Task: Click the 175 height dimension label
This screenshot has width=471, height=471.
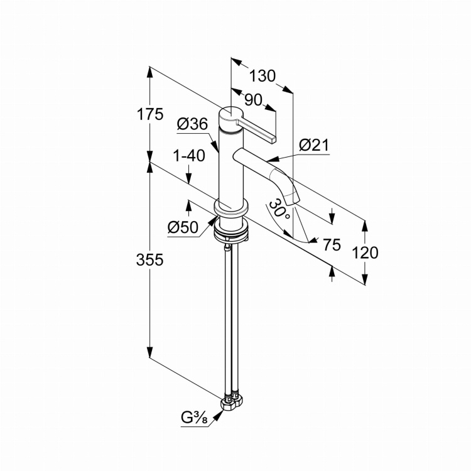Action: pos(150,114)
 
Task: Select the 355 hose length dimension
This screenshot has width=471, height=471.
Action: pos(149,259)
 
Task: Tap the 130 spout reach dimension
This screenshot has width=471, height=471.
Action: pos(263,76)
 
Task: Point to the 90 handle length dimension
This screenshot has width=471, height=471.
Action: pos(253,100)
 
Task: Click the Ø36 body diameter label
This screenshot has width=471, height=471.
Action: pos(193,124)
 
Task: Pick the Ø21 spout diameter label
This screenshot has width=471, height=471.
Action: pos(314,146)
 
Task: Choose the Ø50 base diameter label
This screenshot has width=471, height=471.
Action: pos(183,227)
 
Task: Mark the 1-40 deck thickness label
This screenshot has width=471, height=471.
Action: pos(189,156)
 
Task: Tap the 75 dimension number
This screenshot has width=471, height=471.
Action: pos(332,244)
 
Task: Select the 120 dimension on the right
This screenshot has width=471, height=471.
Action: pos(365,252)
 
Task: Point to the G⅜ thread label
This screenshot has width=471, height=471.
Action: pos(194,418)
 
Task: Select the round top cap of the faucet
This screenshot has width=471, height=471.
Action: pos(230,119)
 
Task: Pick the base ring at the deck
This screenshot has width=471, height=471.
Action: pos(230,208)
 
